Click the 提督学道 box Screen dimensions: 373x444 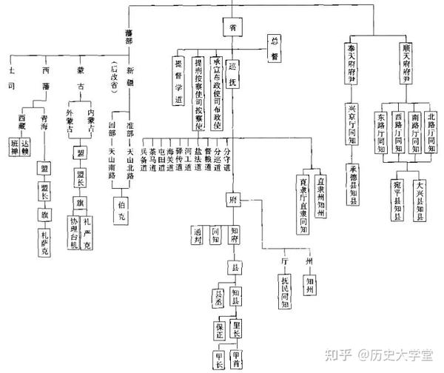pyautogui.click(x=178, y=81)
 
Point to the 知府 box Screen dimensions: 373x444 pyautogui.click(x=234, y=236)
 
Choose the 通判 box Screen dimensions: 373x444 pyautogui.click(x=198, y=236)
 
